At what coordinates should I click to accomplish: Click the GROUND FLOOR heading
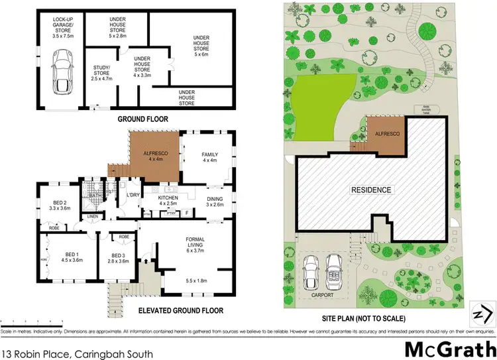(x=142, y=119)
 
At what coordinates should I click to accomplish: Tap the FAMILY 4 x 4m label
(x=209, y=158)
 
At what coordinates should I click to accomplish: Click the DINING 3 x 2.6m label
(x=214, y=202)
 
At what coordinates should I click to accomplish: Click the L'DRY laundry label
(x=132, y=194)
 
